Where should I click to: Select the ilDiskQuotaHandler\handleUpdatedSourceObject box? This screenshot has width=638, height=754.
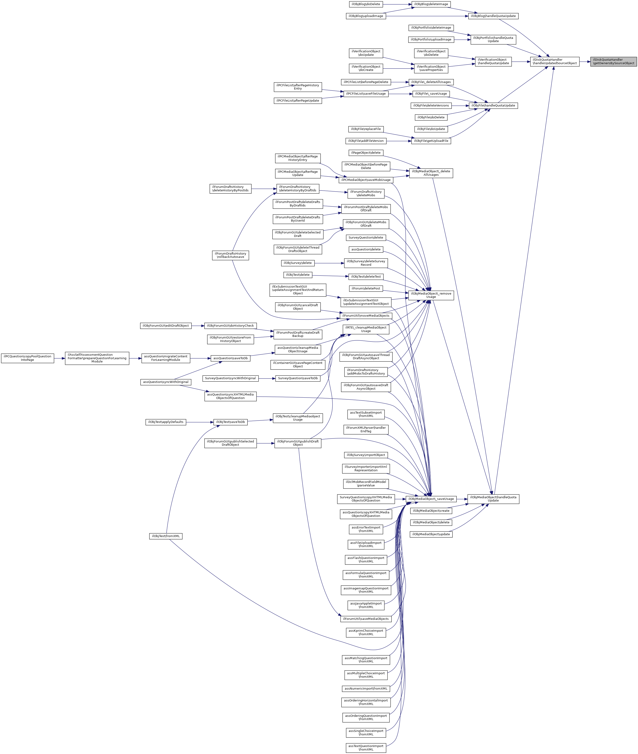click(554, 61)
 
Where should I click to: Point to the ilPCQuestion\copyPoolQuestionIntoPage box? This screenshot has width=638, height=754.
click(27, 358)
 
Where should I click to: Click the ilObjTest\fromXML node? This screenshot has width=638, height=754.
click(166, 536)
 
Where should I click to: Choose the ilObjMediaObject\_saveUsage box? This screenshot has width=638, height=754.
click(431, 499)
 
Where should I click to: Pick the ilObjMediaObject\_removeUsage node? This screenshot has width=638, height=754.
click(431, 295)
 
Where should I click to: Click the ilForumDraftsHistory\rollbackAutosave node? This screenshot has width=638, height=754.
click(230, 255)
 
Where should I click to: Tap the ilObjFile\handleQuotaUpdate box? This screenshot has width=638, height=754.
click(493, 106)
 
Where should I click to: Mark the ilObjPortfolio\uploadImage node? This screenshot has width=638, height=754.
click(431, 39)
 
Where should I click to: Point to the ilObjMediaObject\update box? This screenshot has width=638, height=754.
click(431, 534)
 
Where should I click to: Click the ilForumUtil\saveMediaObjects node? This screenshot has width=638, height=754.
click(366, 619)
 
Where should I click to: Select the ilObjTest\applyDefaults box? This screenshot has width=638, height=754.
click(166, 422)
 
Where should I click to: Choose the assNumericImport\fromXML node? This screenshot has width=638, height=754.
click(366, 689)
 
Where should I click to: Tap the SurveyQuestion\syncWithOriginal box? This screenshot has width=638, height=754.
click(230, 378)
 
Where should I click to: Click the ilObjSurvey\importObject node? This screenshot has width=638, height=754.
click(366, 455)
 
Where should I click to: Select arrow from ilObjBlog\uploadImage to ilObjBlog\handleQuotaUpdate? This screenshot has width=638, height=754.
click(427, 16)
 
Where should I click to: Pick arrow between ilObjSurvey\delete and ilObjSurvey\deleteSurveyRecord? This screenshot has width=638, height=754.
click(329, 263)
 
